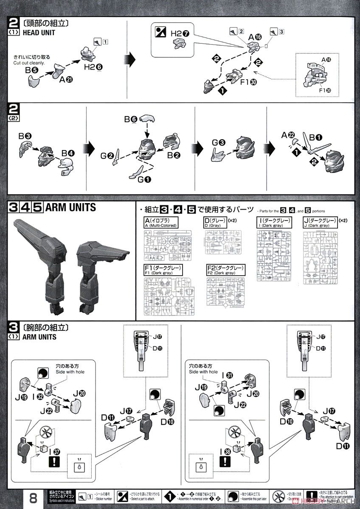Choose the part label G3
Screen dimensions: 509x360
tap(218, 144)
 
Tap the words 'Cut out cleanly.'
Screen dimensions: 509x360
tap(31, 62)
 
